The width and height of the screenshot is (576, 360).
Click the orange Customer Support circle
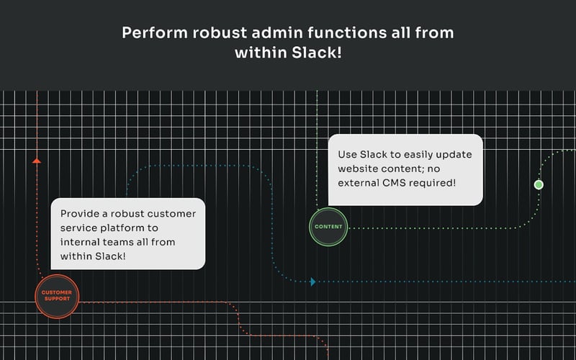point(57,296)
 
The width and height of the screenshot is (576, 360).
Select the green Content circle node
point(328,227)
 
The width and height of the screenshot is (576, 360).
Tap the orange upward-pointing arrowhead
point(37,161)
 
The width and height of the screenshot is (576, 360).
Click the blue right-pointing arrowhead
point(312,282)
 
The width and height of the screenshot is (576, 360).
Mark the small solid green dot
point(539,185)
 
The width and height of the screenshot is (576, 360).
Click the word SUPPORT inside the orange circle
point(57,300)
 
